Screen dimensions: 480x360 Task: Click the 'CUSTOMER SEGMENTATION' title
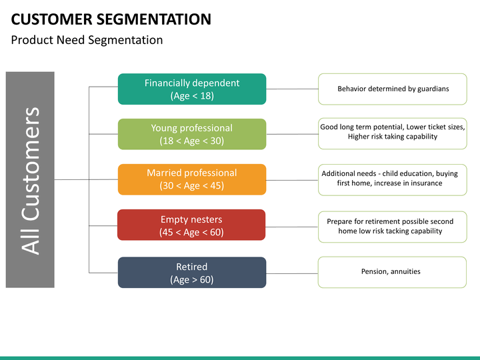[x=111, y=19]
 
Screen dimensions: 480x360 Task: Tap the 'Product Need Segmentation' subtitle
[x=87, y=40]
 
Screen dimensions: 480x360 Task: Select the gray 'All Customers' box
[x=30, y=180]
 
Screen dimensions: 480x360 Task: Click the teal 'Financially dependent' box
[x=192, y=89]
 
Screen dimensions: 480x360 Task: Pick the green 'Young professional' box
[x=192, y=134]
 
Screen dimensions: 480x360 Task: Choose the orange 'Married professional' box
[x=192, y=179]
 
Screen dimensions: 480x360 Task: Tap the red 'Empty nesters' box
[x=191, y=225]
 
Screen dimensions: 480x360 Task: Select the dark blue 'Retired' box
[x=192, y=273]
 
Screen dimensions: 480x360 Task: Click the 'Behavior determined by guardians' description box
[x=393, y=89]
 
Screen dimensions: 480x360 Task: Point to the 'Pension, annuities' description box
[x=392, y=272]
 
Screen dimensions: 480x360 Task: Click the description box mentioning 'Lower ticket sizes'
[x=393, y=133]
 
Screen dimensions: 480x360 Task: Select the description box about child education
[x=393, y=180]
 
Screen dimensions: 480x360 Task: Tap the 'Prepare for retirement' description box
[x=393, y=227]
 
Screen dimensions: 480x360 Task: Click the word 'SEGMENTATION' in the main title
[x=154, y=19]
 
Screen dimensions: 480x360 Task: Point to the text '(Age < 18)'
[x=192, y=96]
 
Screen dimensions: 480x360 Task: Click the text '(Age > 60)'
[x=191, y=279]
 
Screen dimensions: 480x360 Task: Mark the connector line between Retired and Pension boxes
[x=292, y=273]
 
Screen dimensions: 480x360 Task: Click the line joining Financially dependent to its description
[x=292, y=89]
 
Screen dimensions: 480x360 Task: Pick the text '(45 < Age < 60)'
[x=191, y=232]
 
